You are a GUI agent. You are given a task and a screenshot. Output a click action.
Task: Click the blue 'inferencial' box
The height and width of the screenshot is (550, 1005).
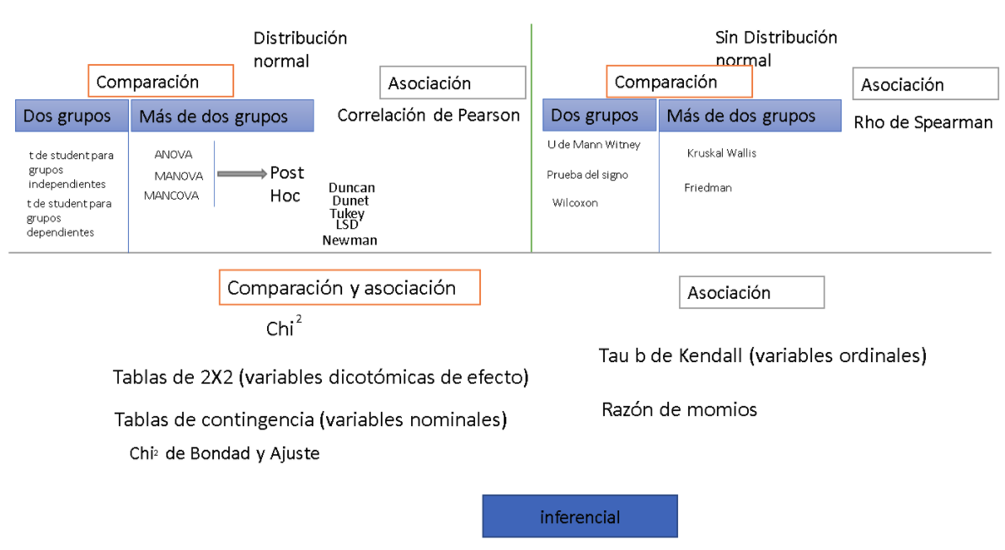pyautogui.click(x=580, y=516)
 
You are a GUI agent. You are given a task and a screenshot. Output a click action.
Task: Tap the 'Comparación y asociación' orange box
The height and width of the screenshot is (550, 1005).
pyautogui.click(x=350, y=287)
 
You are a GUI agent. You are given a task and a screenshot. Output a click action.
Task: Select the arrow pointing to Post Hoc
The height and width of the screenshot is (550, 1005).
pyautogui.click(x=242, y=174)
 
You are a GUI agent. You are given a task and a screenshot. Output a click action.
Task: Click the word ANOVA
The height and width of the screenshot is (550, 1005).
pyautogui.click(x=173, y=154)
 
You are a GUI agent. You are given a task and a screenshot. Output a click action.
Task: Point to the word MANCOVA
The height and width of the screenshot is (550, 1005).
pyautogui.click(x=171, y=195)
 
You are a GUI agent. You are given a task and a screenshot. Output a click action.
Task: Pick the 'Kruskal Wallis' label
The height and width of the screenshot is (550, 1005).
pyautogui.click(x=722, y=153)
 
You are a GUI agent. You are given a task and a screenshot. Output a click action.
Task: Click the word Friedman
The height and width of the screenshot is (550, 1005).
pyautogui.click(x=708, y=188)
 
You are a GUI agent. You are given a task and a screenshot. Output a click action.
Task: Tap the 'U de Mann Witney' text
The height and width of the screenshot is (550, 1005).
pyautogui.click(x=594, y=145)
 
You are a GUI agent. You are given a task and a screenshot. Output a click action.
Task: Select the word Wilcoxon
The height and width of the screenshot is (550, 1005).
pyautogui.click(x=575, y=203)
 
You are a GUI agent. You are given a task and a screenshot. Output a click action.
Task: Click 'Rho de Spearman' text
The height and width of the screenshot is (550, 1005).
pyautogui.click(x=923, y=122)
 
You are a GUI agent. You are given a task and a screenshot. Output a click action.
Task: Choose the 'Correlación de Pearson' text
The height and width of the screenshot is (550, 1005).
pyautogui.click(x=428, y=115)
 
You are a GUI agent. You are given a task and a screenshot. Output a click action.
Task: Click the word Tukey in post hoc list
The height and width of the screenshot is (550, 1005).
pyautogui.click(x=347, y=213)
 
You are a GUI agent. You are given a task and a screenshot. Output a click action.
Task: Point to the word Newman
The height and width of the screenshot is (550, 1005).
pyautogui.click(x=350, y=240)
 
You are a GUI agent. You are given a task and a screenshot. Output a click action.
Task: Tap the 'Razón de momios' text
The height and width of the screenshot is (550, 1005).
pyautogui.click(x=679, y=409)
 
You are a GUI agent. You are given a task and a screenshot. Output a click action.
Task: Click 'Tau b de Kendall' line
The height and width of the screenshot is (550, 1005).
pyautogui.click(x=762, y=355)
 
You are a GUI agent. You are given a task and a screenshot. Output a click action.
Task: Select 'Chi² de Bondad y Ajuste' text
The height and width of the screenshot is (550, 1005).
pyautogui.click(x=224, y=453)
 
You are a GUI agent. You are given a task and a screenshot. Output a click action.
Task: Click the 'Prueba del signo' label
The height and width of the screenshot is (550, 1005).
pyautogui.click(x=587, y=175)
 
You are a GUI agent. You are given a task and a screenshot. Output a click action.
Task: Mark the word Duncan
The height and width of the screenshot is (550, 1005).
pyautogui.click(x=352, y=188)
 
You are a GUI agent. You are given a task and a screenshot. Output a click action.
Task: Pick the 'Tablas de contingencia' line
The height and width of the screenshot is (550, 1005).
pyautogui.click(x=310, y=420)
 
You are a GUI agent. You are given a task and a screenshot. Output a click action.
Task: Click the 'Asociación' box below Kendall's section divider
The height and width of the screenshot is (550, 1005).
pyautogui.click(x=751, y=292)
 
